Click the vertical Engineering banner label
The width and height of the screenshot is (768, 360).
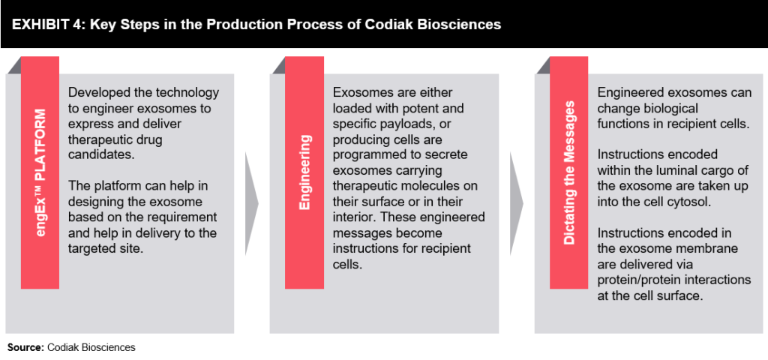305,173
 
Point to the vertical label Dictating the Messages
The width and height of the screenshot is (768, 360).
569,172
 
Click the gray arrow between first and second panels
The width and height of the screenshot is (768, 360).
251,202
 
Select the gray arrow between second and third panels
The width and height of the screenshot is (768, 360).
516,202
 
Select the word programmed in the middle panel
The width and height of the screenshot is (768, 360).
368,155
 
